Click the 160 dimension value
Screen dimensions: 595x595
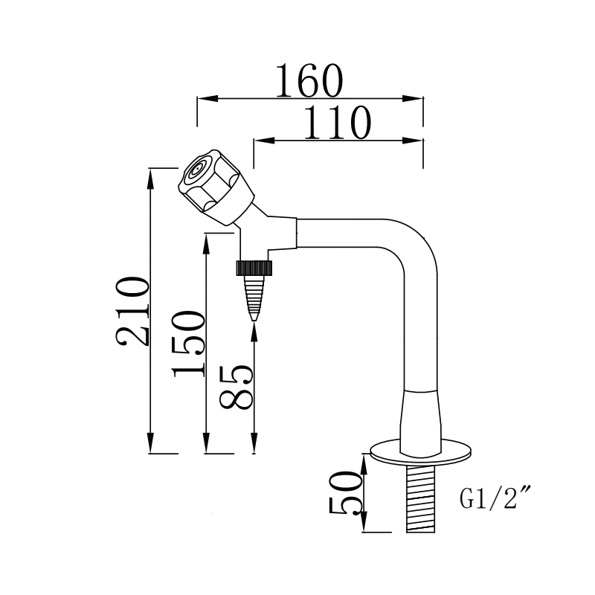click(309, 80)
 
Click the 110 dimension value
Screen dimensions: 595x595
click(337, 123)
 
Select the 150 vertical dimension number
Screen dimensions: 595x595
click(188, 344)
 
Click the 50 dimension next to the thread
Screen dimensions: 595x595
click(346, 493)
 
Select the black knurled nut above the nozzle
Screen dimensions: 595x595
click(254, 267)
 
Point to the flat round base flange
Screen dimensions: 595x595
click(422, 451)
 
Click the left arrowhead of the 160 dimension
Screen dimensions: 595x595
click(203, 98)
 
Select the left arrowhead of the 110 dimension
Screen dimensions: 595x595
click(260, 140)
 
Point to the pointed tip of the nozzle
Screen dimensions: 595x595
click(254, 318)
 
